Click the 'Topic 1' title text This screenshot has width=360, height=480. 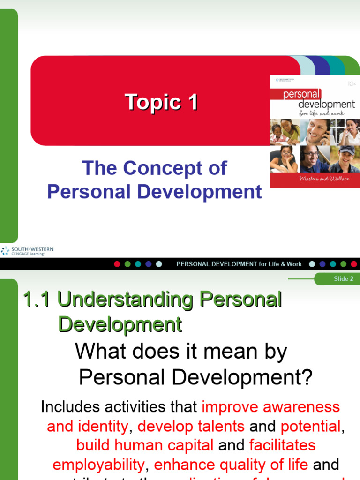point(161,102)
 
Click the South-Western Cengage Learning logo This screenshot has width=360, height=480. point(27,251)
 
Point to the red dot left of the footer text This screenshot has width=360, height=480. point(117,264)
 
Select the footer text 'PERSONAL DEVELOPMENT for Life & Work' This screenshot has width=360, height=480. point(239,264)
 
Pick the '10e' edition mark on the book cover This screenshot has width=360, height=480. point(352,85)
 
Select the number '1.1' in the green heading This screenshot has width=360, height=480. point(37,300)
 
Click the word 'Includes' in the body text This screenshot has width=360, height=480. point(71,406)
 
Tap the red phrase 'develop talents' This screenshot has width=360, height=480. point(191,426)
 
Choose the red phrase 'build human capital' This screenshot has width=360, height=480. point(145,445)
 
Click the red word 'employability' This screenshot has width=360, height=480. point(98,465)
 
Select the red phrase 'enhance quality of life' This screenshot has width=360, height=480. point(231,465)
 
